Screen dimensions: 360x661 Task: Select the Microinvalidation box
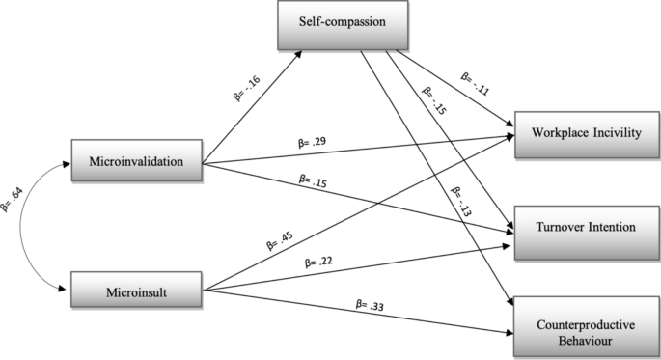pyautogui.click(x=138, y=160)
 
